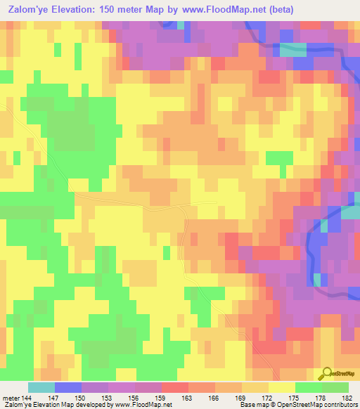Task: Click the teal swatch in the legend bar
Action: [x=41, y=387]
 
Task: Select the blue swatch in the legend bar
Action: [x=68, y=387]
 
